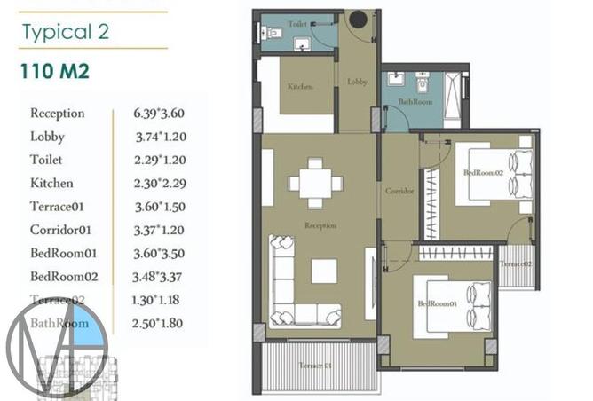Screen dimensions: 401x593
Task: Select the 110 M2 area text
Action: tap(54, 72)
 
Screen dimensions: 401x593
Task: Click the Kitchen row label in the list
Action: tap(51, 184)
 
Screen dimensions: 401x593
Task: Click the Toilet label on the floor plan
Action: tap(298, 24)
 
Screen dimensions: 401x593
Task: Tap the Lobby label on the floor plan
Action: tap(357, 82)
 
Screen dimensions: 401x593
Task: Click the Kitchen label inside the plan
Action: tap(300, 87)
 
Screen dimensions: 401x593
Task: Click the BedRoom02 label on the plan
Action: tap(483, 173)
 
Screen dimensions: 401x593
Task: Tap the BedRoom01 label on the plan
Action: tap(437, 304)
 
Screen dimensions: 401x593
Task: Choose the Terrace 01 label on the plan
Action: tap(314, 366)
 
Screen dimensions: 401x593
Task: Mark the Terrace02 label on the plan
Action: tap(515, 263)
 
